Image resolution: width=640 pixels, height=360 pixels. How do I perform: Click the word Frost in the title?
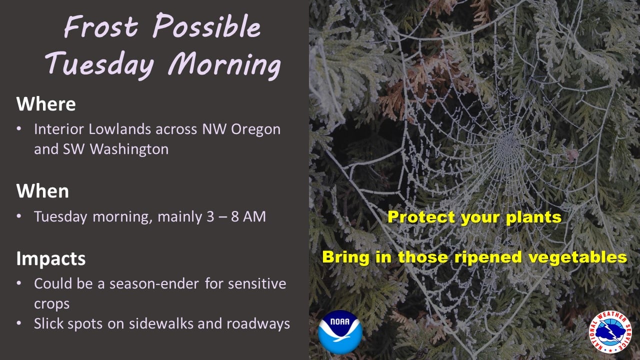point(101,26)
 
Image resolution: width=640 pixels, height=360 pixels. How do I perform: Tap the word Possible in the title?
point(207,25)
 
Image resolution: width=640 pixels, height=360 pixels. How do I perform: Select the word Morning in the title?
point(224,65)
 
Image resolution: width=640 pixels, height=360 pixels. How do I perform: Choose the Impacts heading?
point(51,259)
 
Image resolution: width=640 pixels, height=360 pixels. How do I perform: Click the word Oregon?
point(255,129)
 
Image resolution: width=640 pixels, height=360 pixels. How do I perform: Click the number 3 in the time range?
point(210,216)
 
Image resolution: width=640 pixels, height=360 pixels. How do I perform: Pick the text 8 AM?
point(248,216)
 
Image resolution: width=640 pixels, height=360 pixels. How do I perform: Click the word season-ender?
point(154,283)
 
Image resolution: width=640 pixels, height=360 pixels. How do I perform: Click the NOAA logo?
point(340,332)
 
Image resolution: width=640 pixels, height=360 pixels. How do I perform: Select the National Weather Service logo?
point(611,332)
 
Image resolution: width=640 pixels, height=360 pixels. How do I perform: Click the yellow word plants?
point(533,217)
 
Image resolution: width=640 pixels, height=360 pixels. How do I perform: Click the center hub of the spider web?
point(508,146)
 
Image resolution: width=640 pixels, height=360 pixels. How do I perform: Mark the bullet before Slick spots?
point(19,323)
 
